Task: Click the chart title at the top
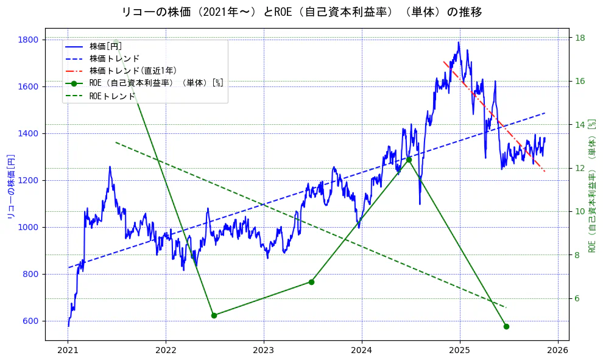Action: click(x=302, y=12)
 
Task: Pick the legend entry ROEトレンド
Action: click(x=112, y=96)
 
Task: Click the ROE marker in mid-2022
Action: click(x=214, y=315)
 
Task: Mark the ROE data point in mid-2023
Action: click(x=311, y=282)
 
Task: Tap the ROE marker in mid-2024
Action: click(x=409, y=160)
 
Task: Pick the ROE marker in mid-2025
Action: click(x=506, y=326)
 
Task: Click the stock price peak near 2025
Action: click(x=459, y=42)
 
